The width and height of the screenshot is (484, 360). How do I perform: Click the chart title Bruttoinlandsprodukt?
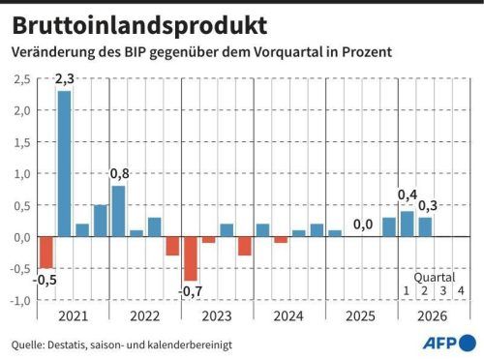139,26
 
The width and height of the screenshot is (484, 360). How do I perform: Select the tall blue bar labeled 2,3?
64,164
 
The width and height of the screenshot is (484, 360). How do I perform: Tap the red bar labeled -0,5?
46,253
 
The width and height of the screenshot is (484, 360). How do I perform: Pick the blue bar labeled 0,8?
118,211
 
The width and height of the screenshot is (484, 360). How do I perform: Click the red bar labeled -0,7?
191,258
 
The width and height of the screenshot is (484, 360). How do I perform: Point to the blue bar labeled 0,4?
408,224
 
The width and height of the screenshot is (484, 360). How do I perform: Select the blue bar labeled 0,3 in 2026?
425,227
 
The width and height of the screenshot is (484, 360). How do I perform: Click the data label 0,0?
363,225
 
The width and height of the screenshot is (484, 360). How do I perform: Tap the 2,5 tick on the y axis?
22,79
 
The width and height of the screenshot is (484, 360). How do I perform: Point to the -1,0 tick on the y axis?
20,301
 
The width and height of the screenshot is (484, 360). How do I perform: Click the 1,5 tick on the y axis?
22,142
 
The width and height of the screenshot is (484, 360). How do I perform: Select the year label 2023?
217,316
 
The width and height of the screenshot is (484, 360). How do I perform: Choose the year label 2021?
74,316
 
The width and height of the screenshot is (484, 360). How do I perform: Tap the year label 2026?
433,316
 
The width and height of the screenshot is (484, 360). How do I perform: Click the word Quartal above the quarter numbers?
435,278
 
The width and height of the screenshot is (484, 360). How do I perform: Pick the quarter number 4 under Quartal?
461,291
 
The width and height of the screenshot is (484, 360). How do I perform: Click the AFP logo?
449,343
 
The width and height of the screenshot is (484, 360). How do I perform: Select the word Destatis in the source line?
67,345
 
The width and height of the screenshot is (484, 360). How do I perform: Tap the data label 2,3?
65,79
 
